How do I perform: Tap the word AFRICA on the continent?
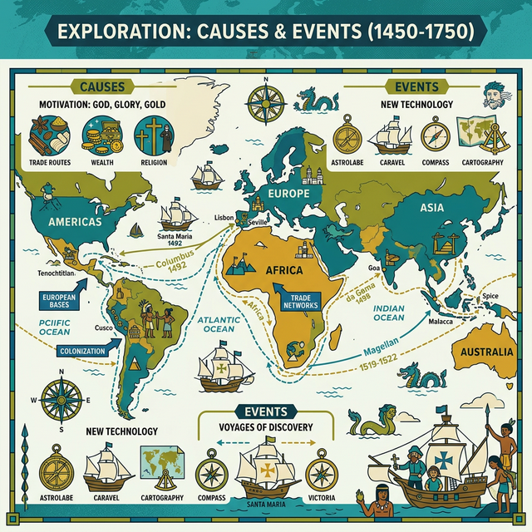point(284,271)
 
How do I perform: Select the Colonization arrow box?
point(82,352)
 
